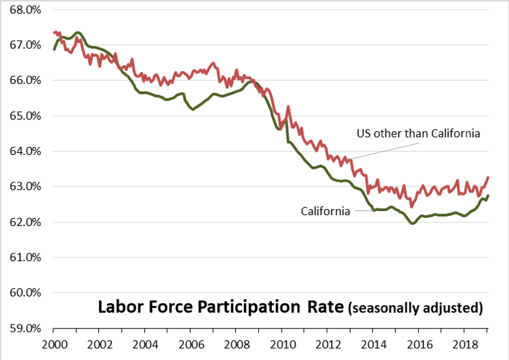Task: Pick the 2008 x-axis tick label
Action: pyautogui.click(x=236, y=345)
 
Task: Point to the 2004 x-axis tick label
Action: pyautogui.click(x=145, y=345)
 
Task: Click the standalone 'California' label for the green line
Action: pyautogui.click(x=325, y=211)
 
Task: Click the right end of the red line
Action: pyautogui.click(x=489, y=178)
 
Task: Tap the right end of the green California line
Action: pyautogui.click(x=489, y=195)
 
